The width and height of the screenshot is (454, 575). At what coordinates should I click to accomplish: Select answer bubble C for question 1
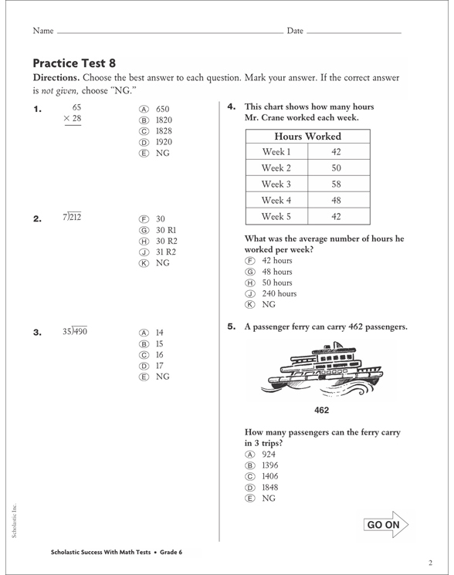pyautogui.click(x=144, y=131)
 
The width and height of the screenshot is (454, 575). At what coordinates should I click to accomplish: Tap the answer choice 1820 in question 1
pyautogui.click(x=164, y=120)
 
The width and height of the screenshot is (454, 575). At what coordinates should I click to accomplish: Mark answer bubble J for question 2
pyautogui.click(x=144, y=252)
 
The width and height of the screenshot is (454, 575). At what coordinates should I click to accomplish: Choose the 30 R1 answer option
pyautogui.click(x=166, y=230)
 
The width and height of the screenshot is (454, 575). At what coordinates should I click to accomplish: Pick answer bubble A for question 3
pyautogui.click(x=144, y=333)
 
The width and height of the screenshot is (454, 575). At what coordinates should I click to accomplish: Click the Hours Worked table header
pyautogui.click(x=307, y=137)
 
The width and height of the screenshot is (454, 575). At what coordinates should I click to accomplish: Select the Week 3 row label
pyautogui.click(x=276, y=184)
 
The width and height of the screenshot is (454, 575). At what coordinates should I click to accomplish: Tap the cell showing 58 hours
pyautogui.click(x=336, y=184)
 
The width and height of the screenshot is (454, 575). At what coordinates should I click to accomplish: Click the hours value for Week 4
pyautogui.click(x=336, y=201)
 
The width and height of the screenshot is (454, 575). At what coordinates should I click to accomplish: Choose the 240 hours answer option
pyautogui.click(x=279, y=294)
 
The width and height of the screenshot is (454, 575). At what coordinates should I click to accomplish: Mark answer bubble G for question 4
pyautogui.click(x=249, y=272)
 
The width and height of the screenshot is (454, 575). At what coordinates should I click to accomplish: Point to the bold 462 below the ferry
pyautogui.click(x=322, y=410)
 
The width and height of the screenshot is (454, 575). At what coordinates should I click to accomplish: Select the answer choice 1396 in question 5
pyautogui.click(x=270, y=466)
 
